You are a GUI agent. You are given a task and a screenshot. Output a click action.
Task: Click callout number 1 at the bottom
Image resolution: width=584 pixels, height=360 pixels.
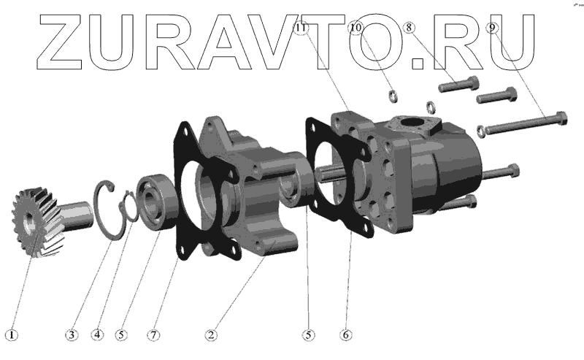(12, 334)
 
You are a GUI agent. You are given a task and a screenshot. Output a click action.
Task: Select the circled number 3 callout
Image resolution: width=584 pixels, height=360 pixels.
(72, 334)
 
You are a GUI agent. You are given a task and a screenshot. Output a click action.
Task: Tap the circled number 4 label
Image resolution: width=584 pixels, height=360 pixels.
(97, 334)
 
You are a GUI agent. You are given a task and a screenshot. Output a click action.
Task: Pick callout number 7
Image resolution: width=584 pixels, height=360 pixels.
(153, 334)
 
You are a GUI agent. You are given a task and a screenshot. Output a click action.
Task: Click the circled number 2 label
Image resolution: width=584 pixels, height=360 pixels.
(211, 334)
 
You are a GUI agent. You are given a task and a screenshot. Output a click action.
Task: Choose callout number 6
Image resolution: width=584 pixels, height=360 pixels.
(345, 334)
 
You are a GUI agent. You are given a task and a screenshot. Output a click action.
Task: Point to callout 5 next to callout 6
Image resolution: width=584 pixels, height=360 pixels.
(308, 334)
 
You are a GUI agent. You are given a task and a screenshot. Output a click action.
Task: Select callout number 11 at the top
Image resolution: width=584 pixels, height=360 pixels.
(301, 28)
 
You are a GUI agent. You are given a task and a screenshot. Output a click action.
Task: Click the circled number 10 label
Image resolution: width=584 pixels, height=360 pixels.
(356, 28)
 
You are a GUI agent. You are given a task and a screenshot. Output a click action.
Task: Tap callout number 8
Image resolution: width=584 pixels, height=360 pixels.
(409, 27)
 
